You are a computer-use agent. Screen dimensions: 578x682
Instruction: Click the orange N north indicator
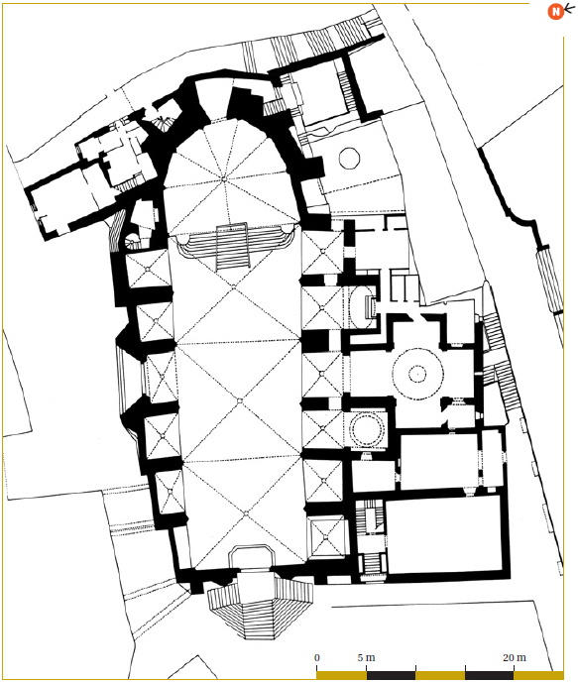[x=555, y=11]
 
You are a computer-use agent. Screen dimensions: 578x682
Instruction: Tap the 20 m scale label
[x=514, y=657]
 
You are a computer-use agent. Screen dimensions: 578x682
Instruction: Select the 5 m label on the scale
[x=366, y=657]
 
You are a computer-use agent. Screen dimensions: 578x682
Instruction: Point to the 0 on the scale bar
[x=317, y=657]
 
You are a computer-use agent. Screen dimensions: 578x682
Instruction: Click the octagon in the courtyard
[x=349, y=158]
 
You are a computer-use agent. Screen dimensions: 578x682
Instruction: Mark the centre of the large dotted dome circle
[x=417, y=374]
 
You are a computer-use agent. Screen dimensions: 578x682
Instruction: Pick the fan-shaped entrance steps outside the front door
[x=260, y=609]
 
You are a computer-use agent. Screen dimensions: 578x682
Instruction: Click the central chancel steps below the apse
[x=233, y=247]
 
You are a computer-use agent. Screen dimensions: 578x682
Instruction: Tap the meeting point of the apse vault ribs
[x=223, y=178]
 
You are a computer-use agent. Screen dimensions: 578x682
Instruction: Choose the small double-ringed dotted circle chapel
[x=368, y=429]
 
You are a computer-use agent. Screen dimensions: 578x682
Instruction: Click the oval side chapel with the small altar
[x=362, y=306]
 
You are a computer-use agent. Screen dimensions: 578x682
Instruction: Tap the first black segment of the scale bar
[x=391, y=675]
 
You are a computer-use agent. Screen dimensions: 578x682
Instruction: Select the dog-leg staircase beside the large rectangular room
[x=370, y=537]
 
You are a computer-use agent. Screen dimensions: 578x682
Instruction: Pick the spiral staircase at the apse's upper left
[x=163, y=123]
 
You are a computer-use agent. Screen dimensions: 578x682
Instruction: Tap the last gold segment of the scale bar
[x=538, y=675]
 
